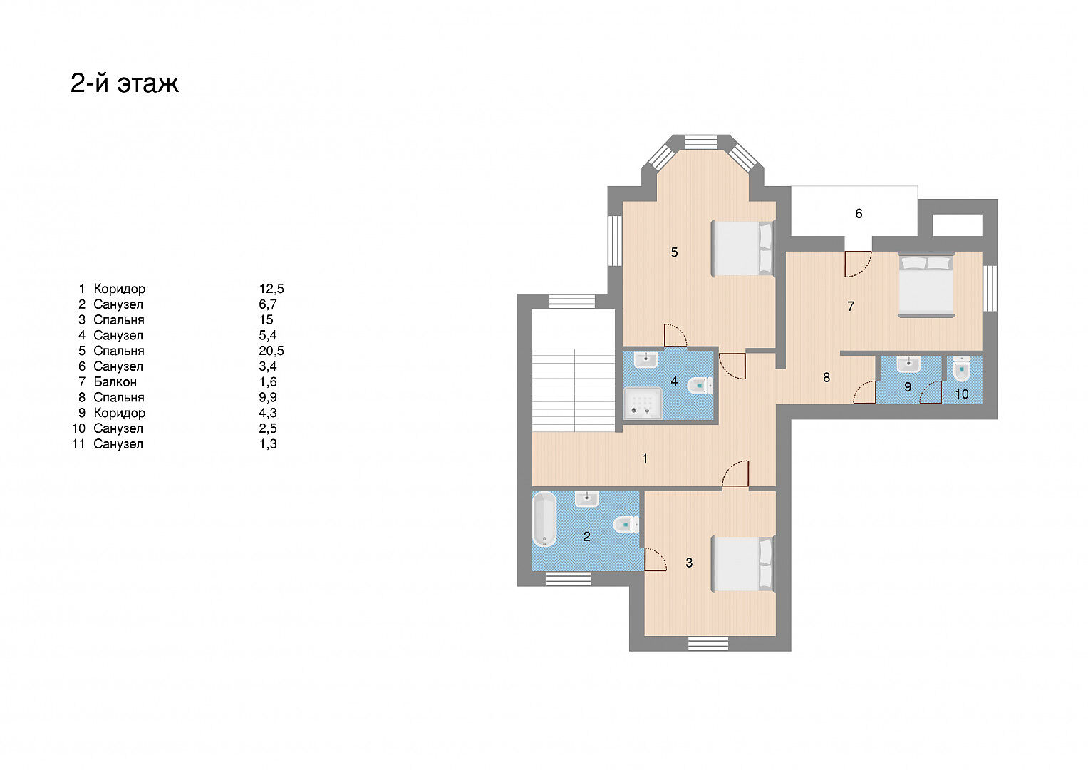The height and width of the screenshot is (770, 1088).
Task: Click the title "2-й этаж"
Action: [125, 83]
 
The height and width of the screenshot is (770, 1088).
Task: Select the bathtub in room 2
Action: [544, 519]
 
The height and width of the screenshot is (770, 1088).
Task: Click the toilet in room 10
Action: [962, 369]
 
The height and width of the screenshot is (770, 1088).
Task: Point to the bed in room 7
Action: [926, 285]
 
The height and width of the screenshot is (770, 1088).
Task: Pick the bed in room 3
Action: [742, 564]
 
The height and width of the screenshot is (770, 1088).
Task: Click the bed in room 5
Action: [742, 249]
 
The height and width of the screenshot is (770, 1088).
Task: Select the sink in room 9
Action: [908, 364]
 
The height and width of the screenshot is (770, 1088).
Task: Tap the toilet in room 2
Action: [626, 525]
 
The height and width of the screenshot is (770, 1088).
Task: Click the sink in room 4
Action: [646, 360]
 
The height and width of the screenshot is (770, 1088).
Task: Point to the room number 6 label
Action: [859, 213]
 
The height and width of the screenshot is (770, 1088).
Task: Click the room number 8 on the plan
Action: [827, 377]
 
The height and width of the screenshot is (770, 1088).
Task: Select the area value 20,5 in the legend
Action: [271, 351]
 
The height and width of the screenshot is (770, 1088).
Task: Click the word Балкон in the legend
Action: [115, 381]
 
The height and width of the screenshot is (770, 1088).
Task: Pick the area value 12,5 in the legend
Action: [271, 289]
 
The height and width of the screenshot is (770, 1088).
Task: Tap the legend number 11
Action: [78, 443]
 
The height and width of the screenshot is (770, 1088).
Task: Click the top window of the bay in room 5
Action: [701, 142]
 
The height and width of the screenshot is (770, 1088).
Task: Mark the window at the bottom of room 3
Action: [708, 644]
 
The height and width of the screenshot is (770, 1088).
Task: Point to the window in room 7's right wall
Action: [990, 288]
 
